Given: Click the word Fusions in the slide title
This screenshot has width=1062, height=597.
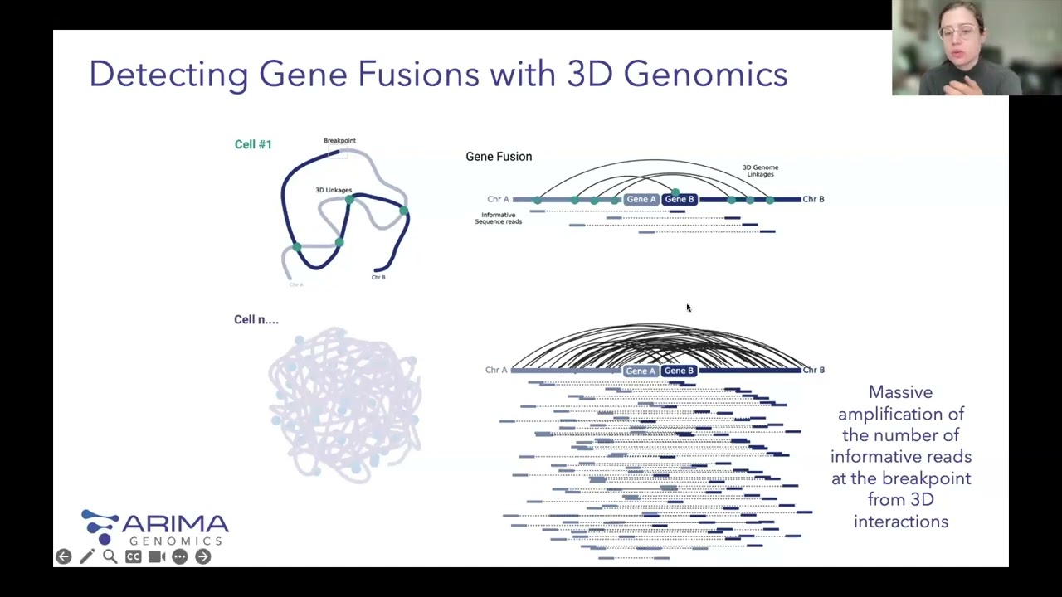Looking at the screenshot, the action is (418, 74).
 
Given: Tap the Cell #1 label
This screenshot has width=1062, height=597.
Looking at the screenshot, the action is (253, 144).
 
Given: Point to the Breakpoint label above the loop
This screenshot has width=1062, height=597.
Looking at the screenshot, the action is (339, 141).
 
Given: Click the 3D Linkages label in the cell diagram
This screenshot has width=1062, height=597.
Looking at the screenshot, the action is (333, 191).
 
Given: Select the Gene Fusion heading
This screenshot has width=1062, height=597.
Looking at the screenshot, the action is (499, 157).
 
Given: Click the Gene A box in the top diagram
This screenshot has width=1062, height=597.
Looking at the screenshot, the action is (641, 199).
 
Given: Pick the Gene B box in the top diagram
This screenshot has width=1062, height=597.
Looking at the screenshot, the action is (679, 199).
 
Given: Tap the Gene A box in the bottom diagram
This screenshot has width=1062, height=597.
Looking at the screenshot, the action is (641, 371).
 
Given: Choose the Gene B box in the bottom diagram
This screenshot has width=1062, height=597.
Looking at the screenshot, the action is (679, 371).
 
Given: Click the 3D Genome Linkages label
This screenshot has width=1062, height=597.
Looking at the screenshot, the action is (760, 171).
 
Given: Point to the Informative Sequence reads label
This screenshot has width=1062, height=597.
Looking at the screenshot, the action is (498, 218).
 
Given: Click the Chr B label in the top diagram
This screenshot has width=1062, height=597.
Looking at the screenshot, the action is (813, 199).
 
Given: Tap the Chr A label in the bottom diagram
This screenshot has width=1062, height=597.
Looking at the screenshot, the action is (496, 370).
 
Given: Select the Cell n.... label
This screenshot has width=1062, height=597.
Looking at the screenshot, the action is (256, 320).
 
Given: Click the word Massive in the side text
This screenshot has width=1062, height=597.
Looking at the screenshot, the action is (900, 392).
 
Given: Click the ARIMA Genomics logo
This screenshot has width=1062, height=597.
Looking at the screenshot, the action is (154, 527).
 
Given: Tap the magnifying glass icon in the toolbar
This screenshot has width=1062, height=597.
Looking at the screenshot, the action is (110, 556).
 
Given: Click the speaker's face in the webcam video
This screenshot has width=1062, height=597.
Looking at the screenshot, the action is (960, 37).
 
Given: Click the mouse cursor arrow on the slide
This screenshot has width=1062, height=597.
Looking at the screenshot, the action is (688, 308).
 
